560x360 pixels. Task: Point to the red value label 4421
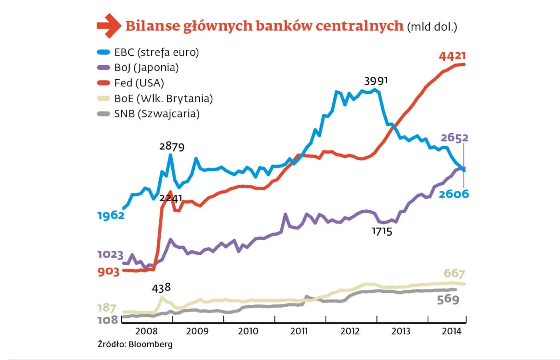tap(452, 56)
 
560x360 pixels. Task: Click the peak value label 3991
tap(376, 81)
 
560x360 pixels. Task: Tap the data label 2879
tap(172, 146)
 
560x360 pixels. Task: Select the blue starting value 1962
tap(111, 215)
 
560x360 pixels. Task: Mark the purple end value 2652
tap(454, 138)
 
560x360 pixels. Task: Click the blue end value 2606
tap(454, 194)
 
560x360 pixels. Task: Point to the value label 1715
tap(382, 231)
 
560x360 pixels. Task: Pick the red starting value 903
tap(108, 272)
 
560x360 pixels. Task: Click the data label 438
tap(161, 288)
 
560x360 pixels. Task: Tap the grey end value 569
tap(448, 299)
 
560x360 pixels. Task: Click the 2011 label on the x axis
tap(299, 331)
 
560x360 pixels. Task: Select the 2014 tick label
tap(452, 331)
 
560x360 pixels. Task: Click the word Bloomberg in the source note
tap(151, 344)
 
